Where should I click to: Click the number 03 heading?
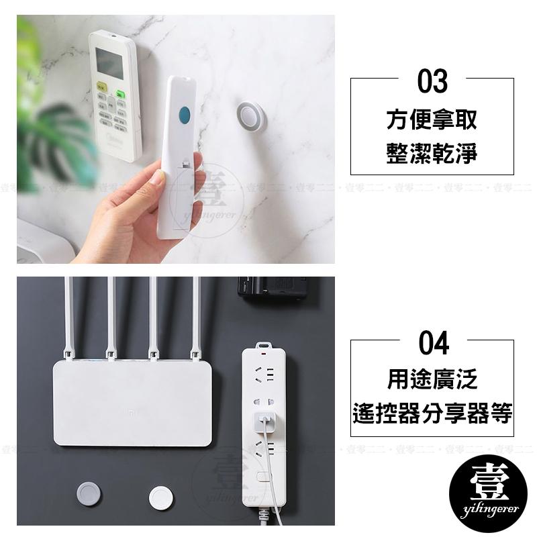(x=432, y=83)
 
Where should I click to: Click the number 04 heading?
(x=433, y=344)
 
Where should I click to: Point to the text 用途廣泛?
(x=432, y=380)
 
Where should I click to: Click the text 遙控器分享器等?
(x=432, y=413)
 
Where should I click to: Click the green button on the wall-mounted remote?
(x=121, y=95)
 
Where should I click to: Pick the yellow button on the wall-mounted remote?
(x=103, y=87)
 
